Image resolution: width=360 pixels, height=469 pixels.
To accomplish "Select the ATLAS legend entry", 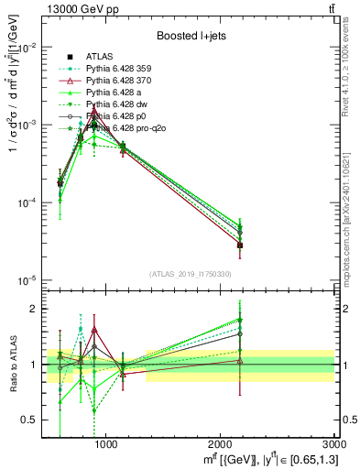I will [x=100, y=56].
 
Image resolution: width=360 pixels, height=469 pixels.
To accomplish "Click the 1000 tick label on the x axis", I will [x=106, y=444].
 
